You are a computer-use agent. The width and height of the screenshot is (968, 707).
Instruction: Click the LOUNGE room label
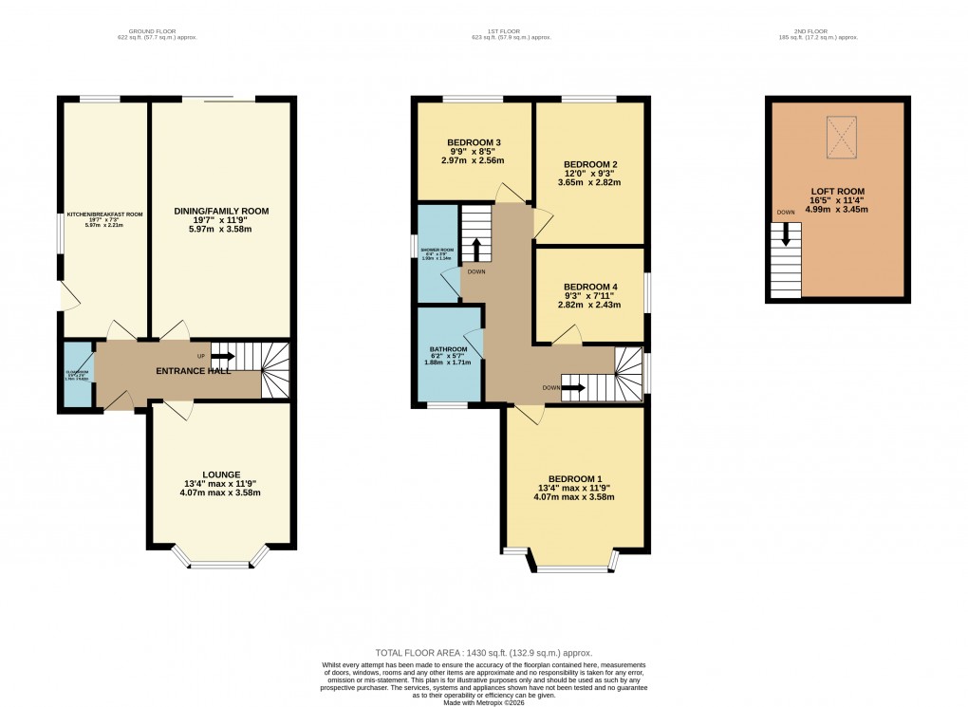[x=220, y=474]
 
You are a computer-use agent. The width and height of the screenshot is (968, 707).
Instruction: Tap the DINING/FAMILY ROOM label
[x=221, y=211]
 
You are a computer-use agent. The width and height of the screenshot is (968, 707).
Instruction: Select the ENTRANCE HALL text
[x=194, y=371]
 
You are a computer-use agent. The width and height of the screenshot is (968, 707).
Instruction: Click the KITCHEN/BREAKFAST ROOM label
[x=104, y=214]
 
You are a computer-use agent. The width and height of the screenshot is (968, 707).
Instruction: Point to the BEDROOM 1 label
[x=575, y=478]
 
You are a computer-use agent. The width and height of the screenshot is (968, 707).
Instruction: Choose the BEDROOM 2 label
[x=591, y=163]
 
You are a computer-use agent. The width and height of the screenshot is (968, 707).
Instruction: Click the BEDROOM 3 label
[x=474, y=142]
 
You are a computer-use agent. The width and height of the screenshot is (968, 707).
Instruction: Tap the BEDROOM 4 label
[x=590, y=287]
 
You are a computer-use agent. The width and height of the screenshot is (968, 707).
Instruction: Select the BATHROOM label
[x=449, y=349]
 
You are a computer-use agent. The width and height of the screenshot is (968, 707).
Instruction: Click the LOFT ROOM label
[x=837, y=191]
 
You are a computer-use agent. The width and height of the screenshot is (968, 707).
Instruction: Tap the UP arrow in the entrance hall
[x=224, y=356]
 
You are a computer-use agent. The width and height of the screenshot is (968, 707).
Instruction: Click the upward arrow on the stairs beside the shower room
[x=476, y=251]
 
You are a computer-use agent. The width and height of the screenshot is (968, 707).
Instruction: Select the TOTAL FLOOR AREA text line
[x=484, y=653]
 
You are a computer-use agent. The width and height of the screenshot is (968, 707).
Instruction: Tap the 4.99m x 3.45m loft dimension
[x=837, y=209]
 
